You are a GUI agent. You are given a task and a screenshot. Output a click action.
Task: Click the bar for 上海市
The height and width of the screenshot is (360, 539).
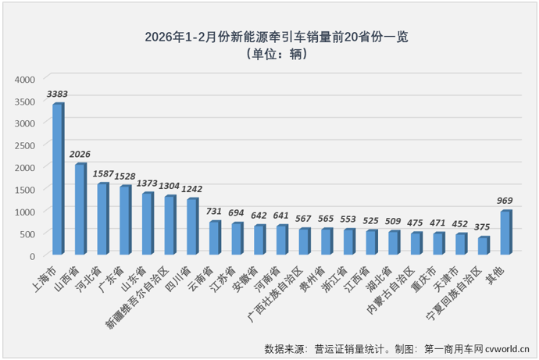(58, 180)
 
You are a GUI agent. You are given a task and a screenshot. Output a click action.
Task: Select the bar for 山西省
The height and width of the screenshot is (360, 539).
(80, 209)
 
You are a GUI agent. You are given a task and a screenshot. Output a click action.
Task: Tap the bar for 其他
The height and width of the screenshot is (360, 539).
(506, 233)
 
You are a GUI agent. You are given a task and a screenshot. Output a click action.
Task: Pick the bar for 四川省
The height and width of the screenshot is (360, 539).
(192, 226)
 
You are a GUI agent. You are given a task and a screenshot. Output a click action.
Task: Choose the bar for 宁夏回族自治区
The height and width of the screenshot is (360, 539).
(484, 246)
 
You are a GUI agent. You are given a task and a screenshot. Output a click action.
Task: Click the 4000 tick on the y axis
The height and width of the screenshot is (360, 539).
(26, 79)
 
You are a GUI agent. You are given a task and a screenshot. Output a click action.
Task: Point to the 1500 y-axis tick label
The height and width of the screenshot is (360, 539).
(26, 190)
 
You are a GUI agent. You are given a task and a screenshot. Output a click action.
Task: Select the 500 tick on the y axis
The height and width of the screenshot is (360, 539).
(29, 233)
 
